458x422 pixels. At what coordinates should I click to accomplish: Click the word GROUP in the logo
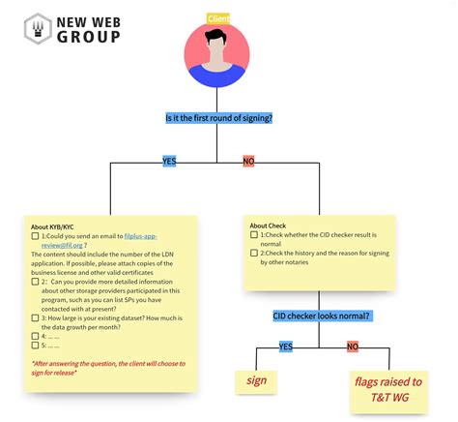pos(89,38)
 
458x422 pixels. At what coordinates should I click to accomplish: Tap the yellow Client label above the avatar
pos(218,18)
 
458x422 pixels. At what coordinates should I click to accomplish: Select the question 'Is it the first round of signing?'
pos(218,118)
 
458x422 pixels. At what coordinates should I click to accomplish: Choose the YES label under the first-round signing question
pos(169,161)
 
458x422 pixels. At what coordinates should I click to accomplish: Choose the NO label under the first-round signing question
pos(249,161)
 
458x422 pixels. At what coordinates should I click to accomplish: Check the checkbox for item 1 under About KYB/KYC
pos(36,236)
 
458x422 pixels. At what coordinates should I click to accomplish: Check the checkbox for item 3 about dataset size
pos(36,316)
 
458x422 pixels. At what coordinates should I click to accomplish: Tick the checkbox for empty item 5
pos(36,345)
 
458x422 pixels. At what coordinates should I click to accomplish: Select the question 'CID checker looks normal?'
pos(321,316)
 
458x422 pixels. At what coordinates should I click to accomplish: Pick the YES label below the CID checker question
pos(286,346)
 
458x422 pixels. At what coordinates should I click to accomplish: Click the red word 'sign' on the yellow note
pos(256,380)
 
